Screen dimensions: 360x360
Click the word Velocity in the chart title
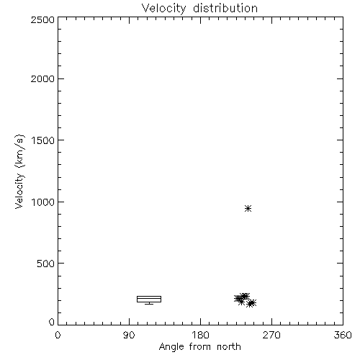(164, 9)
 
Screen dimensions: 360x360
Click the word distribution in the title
(225, 8)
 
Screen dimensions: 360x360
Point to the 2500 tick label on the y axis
(42, 19)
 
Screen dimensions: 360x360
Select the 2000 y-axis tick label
(42, 79)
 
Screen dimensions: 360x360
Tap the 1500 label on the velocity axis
(43, 140)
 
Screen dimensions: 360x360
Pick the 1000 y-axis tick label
(43, 202)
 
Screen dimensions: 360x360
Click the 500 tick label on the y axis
(45, 264)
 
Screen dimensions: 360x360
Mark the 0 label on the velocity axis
(52, 322)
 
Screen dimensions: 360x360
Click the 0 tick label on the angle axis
(58, 335)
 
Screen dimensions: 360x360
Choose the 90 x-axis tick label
(129, 335)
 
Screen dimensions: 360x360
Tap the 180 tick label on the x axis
(200, 335)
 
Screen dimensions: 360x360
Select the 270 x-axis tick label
(271, 335)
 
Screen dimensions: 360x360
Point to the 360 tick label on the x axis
(343, 335)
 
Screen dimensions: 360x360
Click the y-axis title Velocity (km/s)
(19, 171)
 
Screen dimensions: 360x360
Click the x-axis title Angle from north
(200, 347)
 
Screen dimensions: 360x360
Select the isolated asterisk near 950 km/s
(248, 208)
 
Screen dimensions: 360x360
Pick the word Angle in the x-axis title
(171, 348)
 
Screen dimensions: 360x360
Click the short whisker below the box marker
(149, 303)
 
